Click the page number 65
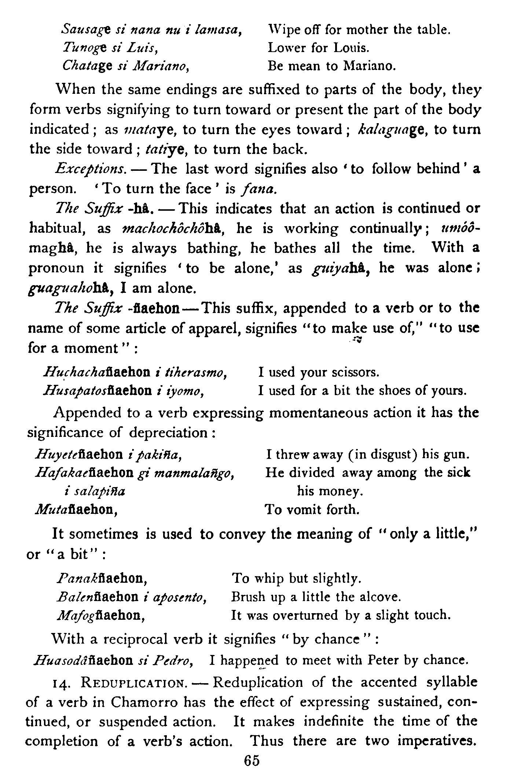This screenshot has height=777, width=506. [x=252, y=761]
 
